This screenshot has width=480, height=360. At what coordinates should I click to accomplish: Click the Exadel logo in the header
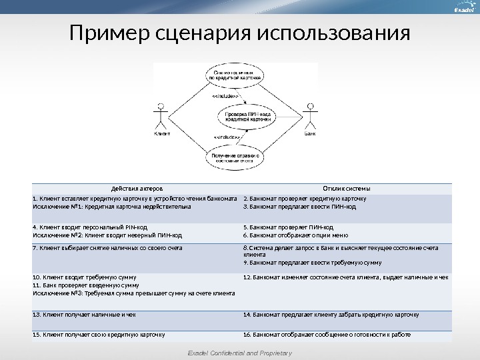point(462,10)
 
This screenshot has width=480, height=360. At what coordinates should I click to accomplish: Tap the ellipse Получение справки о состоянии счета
point(235,158)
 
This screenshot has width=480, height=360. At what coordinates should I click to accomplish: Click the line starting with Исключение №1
point(111,207)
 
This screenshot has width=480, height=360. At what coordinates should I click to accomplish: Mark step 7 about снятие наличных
point(107,248)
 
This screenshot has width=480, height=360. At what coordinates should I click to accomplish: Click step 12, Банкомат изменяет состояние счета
point(345,277)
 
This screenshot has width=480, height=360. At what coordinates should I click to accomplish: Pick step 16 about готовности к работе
point(327,335)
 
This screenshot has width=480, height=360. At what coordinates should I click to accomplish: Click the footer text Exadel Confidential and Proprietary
point(239,353)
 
